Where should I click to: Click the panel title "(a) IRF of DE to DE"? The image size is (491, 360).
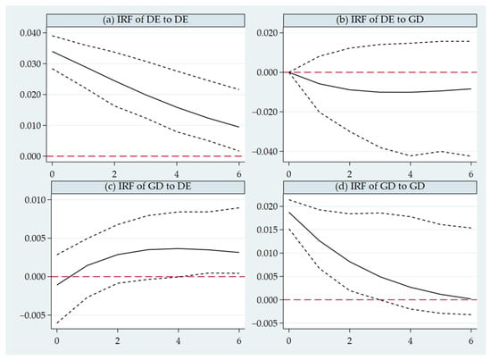(x=146, y=20)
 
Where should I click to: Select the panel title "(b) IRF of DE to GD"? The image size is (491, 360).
(x=379, y=20)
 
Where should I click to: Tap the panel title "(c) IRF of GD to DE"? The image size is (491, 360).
(x=148, y=187)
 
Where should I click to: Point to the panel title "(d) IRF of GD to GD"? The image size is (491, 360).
(x=379, y=187)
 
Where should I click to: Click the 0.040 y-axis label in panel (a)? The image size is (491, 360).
(x=30, y=33)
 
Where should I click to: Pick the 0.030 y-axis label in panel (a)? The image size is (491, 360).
(x=30, y=64)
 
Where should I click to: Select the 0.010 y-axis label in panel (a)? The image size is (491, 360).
(x=30, y=126)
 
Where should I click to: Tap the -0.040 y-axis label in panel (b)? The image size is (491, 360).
(x=264, y=152)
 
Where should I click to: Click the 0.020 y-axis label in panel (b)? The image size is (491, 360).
(x=268, y=33)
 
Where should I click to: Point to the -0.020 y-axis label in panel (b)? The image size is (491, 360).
(x=264, y=113)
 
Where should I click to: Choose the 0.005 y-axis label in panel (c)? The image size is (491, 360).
(x=36, y=239)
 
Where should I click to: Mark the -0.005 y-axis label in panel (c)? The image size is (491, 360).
(x=33, y=315)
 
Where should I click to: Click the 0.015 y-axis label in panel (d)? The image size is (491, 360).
(x=268, y=230)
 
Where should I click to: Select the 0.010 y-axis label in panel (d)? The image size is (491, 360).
(x=268, y=253)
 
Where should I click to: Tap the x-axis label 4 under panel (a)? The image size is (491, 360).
(x=177, y=174)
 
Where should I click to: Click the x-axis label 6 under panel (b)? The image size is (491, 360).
(x=471, y=174)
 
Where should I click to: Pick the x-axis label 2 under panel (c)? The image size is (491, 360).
(x=118, y=341)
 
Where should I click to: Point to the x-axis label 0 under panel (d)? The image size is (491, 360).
(x=288, y=341)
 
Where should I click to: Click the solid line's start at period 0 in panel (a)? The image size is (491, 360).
(x=53, y=52)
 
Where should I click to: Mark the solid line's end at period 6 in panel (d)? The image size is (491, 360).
(x=471, y=299)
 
